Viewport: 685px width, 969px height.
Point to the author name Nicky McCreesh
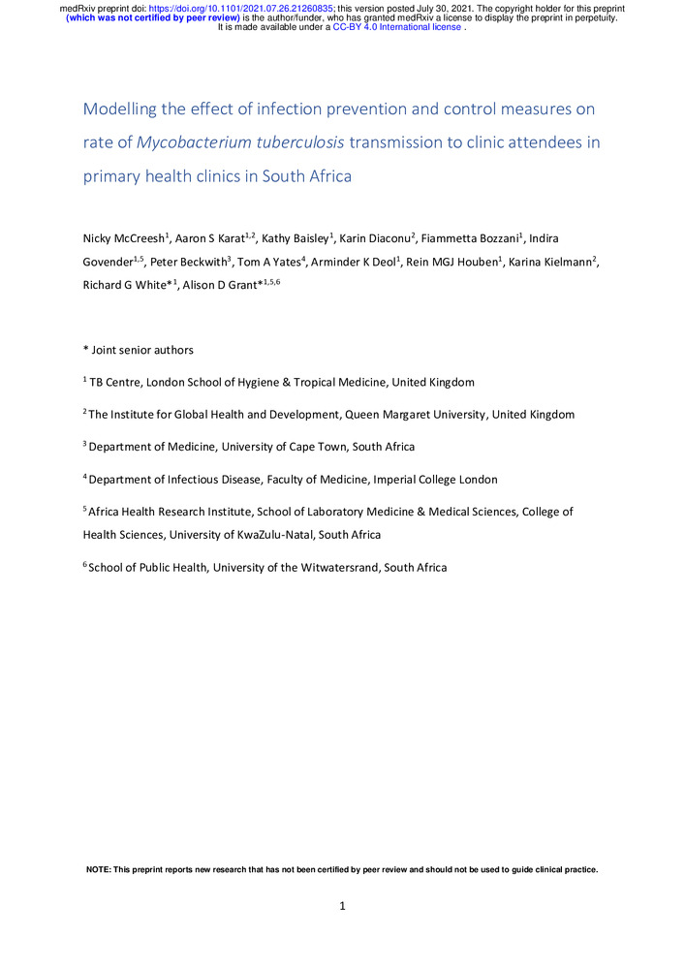point(121,238)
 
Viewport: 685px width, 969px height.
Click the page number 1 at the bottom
point(342,907)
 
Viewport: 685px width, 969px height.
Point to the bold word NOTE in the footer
point(98,869)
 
